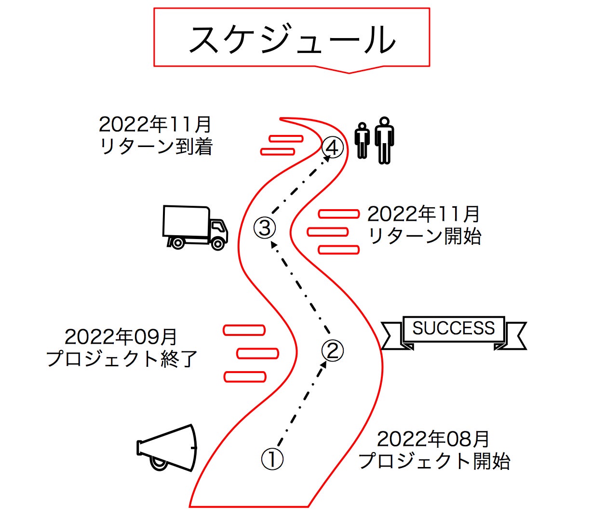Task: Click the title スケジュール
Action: click(292, 40)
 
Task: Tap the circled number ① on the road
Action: click(272, 459)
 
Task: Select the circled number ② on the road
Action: click(333, 350)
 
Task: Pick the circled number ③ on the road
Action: click(265, 227)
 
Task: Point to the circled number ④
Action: click(333, 147)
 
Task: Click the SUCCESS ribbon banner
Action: click(454, 331)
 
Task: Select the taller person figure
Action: click(384, 140)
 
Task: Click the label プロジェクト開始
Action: click(434, 461)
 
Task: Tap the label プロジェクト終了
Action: click(122, 359)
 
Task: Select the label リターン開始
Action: click(424, 236)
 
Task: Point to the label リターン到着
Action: click(156, 147)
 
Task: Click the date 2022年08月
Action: click(433, 440)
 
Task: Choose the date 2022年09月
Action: click(121, 337)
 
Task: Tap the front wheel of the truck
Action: click(218, 244)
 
